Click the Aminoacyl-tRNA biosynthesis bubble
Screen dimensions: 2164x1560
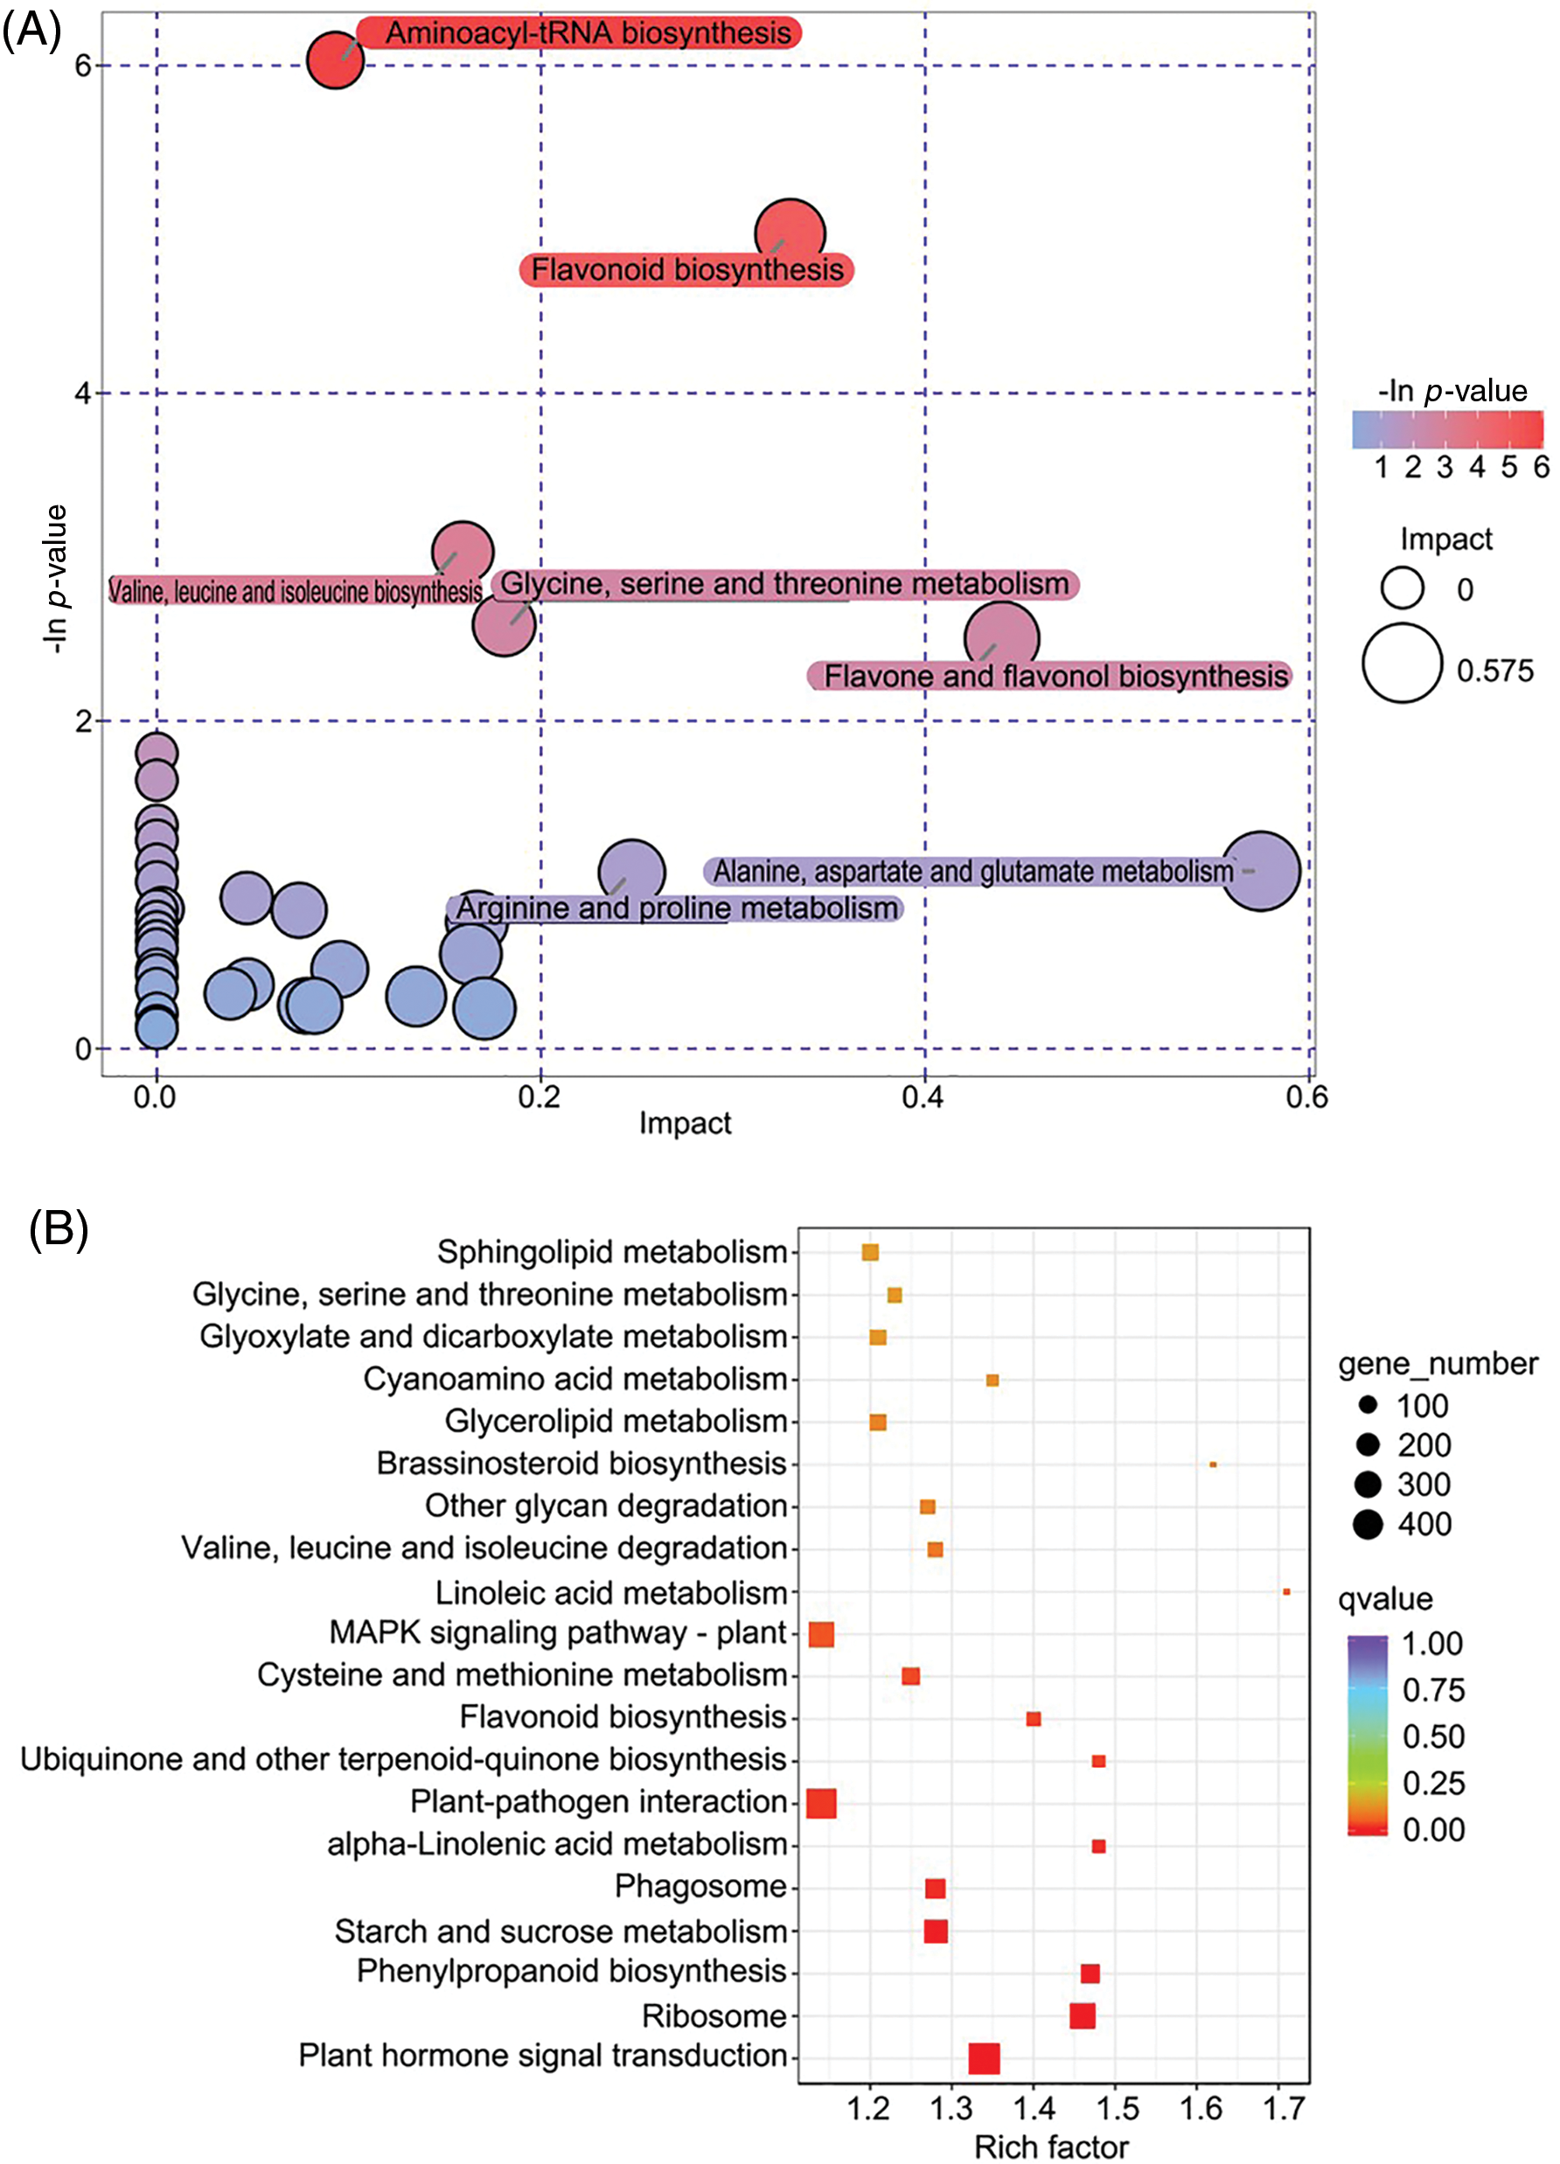335,60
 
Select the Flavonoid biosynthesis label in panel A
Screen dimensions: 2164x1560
686,270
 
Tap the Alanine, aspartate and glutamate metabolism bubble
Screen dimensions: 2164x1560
1260,870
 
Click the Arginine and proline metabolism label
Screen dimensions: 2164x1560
676,908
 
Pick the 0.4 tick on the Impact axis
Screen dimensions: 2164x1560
923,1098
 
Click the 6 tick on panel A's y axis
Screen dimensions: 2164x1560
83,66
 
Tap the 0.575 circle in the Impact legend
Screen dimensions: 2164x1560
1402,663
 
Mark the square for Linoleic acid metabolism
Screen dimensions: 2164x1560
1286,1591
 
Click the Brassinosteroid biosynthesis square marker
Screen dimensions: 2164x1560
1213,1464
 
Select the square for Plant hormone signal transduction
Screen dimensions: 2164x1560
984,2058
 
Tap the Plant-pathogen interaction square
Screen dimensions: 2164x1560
821,1803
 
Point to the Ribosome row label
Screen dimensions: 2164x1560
714,2015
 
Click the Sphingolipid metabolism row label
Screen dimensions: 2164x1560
611,1252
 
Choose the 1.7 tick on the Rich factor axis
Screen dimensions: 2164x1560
1285,2108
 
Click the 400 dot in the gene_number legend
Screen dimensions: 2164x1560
1368,1525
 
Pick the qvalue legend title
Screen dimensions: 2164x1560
1384,1599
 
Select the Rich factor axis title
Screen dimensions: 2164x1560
1050,2147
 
